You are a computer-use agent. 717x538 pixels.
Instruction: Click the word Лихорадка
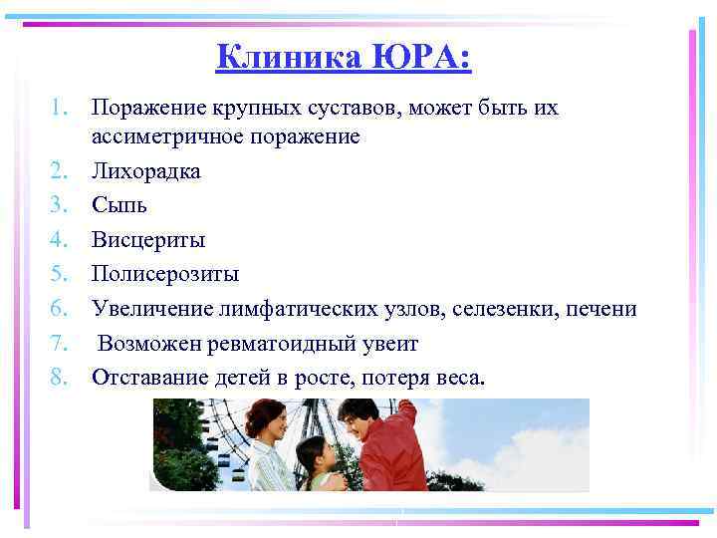coord(145,171)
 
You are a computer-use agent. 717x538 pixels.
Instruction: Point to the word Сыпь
coord(119,205)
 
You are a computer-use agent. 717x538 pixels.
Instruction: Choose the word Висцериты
coord(148,239)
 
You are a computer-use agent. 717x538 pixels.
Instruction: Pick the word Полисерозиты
coord(165,273)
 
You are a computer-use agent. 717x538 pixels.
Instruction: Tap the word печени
coord(601,308)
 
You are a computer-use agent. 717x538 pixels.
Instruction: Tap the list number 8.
coord(60,377)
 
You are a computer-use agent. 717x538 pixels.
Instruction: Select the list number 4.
coord(60,239)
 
